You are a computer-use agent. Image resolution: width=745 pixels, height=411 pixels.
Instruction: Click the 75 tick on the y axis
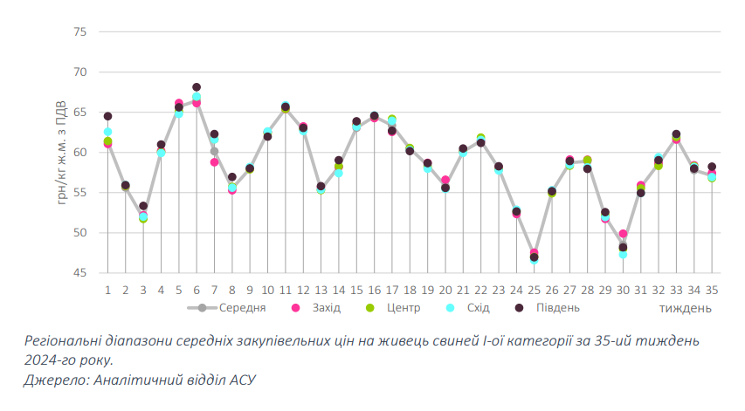[x=80, y=32]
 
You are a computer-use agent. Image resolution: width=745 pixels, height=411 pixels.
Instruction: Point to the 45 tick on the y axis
[x=80, y=273]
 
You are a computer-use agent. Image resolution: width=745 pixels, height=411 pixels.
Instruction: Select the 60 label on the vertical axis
[x=80, y=153]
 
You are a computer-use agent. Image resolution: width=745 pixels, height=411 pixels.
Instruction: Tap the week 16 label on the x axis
[x=374, y=290]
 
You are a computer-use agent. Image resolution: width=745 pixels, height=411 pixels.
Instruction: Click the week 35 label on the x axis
[x=712, y=290]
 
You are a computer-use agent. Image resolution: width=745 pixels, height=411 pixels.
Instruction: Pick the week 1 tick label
[x=107, y=290]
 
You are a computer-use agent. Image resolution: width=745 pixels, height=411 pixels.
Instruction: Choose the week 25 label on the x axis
[x=534, y=290]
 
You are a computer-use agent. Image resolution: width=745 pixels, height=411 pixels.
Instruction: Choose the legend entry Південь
[x=555, y=308]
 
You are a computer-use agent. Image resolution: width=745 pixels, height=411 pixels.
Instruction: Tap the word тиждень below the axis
[x=685, y=309]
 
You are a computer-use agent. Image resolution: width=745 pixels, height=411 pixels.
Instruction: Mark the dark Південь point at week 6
[x=197, y=87]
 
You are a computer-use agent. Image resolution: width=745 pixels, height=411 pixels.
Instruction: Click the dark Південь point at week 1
[x=107, y=116]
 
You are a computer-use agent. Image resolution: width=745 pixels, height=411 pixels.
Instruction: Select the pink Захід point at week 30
[x=623, y=234]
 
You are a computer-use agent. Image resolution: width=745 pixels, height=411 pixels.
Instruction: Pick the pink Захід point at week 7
[x=214, y=161]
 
